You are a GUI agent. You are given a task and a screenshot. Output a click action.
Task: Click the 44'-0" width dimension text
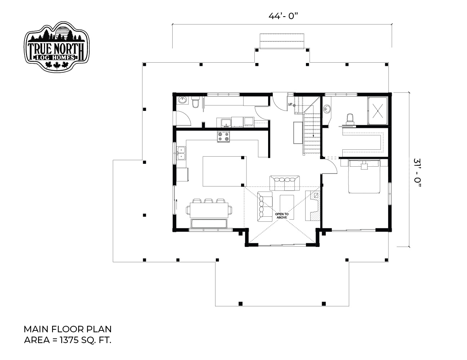283,16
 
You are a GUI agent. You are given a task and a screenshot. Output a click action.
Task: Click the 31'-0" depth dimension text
417,173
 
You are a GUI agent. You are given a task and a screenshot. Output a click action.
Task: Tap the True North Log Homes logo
57,47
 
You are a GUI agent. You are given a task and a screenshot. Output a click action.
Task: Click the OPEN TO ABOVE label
282,216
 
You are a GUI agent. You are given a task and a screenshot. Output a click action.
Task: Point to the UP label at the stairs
290,104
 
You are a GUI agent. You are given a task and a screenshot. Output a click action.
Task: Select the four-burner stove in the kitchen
223,136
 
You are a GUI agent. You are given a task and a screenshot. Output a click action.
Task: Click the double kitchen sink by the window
181,153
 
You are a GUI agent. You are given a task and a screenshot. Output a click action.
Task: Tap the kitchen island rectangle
224,171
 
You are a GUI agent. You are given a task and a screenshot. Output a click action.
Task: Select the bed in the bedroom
364,176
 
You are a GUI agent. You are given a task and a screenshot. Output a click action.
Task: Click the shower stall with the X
378,111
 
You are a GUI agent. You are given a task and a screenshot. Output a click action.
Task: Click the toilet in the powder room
195,102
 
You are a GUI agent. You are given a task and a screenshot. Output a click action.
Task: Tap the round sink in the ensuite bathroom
327,109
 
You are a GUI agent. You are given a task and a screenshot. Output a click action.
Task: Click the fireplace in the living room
313,206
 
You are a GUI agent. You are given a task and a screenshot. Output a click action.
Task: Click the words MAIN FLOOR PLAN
68,329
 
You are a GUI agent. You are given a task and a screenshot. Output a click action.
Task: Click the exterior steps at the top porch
282,41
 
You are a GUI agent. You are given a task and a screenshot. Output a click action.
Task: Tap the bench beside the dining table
209,223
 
